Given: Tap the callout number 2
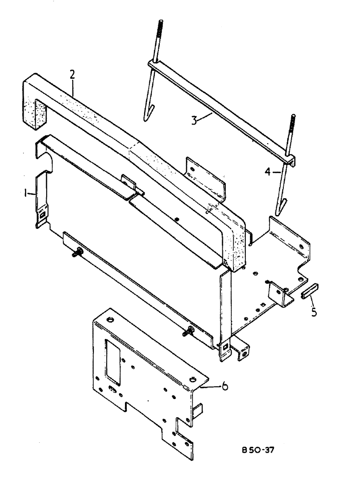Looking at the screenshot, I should pyautogui.click(x=72, y=75).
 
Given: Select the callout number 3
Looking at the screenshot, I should pyautogui.click(x=196, y=120).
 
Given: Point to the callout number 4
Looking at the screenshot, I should pyautogui.click(x=268, y=172).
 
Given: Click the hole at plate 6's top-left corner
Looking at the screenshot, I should pyautogui.click(x=109, y=320).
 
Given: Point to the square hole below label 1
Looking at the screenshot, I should pyautogui.click(x=43, y=215).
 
